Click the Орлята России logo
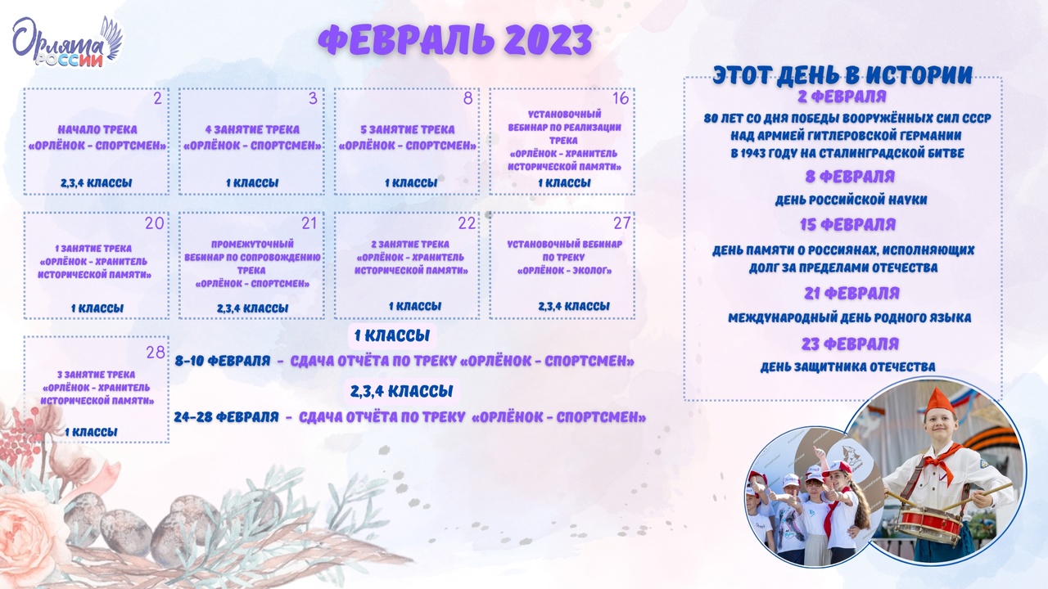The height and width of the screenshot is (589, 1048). point(67,43)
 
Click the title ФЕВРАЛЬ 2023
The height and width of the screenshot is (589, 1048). point(455,40)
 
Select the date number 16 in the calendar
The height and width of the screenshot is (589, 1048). point(621,98)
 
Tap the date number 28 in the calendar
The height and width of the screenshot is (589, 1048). point(156,352)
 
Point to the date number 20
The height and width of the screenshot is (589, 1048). point(155,223)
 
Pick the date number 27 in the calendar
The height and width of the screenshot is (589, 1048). point(621,223)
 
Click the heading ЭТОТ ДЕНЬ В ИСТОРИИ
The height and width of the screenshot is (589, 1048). point(842,75)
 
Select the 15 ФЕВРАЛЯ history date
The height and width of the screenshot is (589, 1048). point(847,225)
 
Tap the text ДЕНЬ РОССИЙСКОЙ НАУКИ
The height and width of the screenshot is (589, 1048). point(851,200)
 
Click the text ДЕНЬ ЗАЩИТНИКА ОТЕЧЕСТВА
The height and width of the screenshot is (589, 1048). point(847,367)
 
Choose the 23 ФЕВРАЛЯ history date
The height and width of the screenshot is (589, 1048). point(850,344)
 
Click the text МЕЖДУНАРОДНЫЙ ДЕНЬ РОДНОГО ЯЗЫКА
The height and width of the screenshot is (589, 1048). point(850,318)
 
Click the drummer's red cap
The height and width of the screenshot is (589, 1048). point(939,402)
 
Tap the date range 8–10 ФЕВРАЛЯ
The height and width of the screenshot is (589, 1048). point(223,362)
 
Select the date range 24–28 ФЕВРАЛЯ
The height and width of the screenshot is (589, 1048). point(227,417)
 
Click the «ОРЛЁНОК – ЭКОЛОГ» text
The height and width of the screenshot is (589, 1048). point(565,271)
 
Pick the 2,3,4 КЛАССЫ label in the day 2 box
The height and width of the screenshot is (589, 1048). point(97,183)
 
